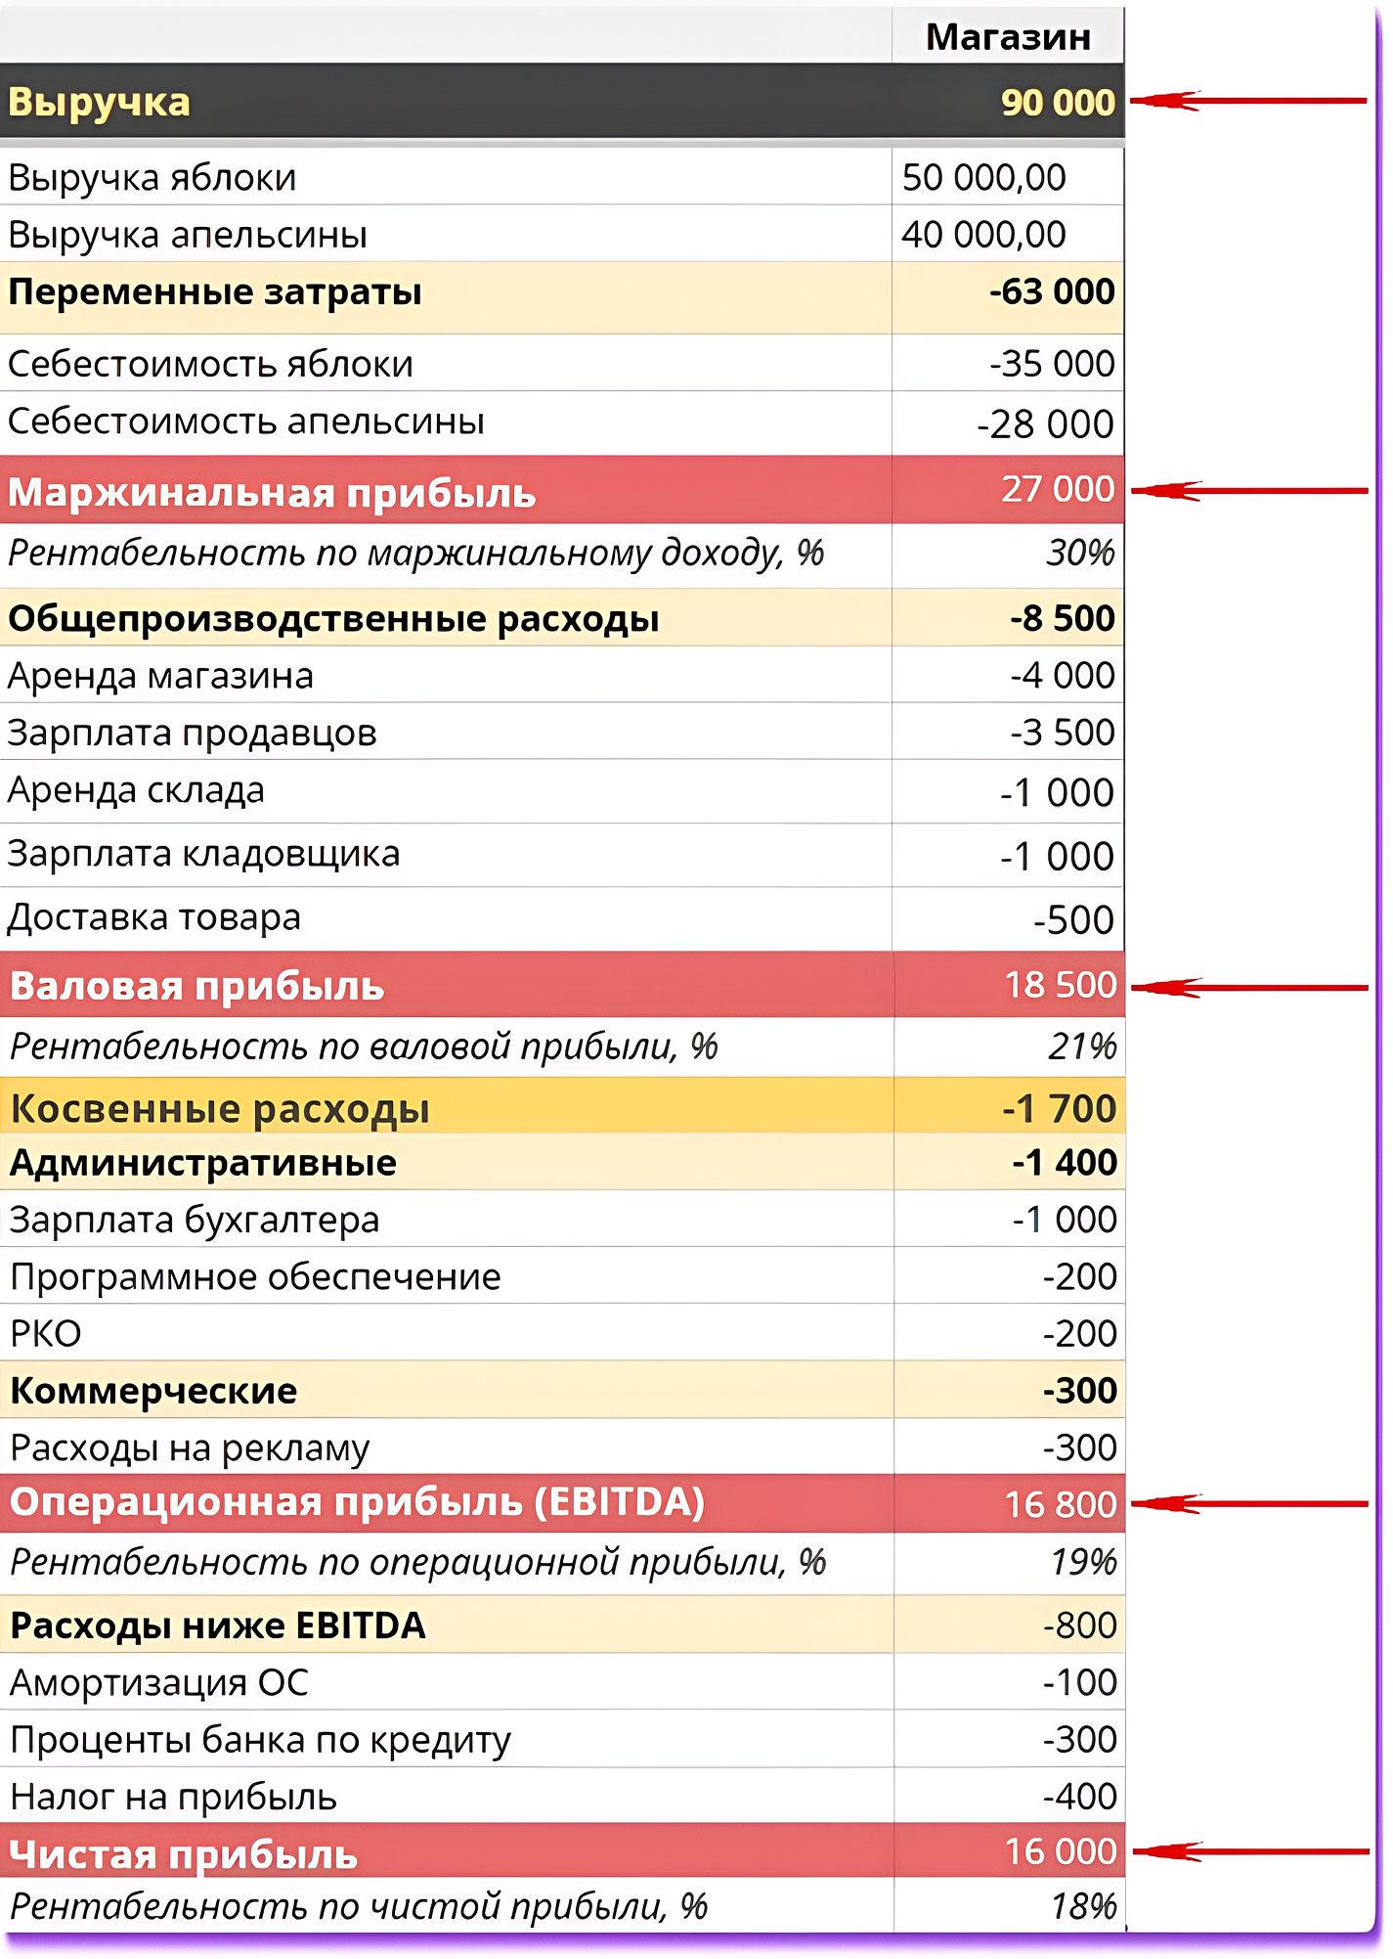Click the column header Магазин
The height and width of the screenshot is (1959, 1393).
(x=1008, y=37)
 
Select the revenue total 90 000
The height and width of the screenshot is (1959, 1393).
(x=1058, y=102)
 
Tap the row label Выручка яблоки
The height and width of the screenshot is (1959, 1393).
(x=152, y=178)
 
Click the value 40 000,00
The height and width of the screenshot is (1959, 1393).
(x=983, y=235)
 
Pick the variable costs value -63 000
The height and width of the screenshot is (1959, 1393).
(x=1052, y=291)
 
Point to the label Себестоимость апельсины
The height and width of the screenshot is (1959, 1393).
(x=246, y=422)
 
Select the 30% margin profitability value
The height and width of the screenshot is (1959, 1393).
(x=1080, y=554)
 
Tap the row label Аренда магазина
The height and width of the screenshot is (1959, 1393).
(x=161, y=676)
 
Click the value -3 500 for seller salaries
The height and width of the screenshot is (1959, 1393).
(x=1063, y=733)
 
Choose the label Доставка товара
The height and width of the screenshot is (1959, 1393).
(x=154, y=917)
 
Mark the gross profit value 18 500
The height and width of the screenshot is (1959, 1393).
(x=1061, y=985)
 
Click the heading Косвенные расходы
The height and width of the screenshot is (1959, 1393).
(x=220, y=1109)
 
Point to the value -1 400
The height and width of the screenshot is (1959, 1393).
(x=1065, y=1163)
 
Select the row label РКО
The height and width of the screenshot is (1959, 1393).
(x=46, y=1334)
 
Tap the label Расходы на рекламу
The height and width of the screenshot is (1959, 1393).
(x=190, y=1448)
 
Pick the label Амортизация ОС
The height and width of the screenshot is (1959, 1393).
(x=159, y=1683)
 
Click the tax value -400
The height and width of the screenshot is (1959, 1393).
(x=1080, y=1797)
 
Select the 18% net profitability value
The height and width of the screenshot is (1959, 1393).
(x=1084, y=1906)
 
